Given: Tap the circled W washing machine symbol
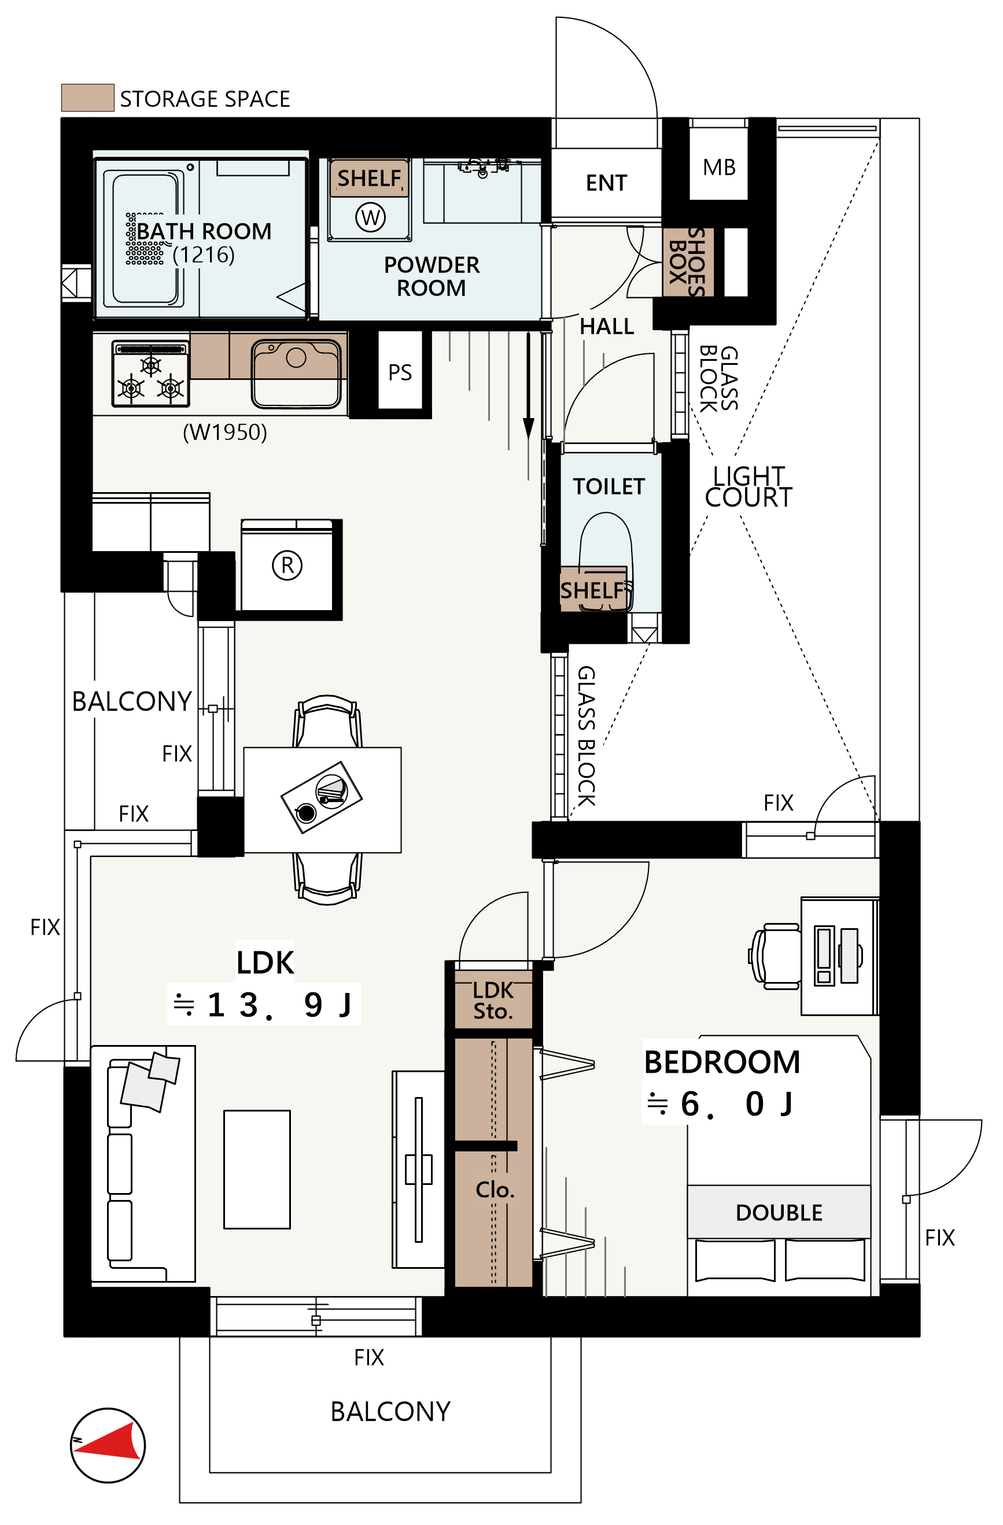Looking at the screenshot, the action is pyautogui.click(x=370, y=217).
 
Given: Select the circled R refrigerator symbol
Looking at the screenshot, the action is pyautogui.click(x=287, y=565).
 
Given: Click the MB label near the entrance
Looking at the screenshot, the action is pyautogui.click(x=718, y=167).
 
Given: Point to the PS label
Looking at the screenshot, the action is pyautogui.click(x=400, y=372).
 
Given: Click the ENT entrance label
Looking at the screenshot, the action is pyautogui.click(x=606, y=183).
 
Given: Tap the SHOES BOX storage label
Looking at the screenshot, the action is pyautogui.click(x=687, y=261).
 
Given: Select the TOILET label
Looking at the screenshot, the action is pyautogui.click(x=609, y=486).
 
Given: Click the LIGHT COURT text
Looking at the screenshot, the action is pyautogui.click(x=748, y=486).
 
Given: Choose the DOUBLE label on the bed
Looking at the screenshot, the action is pyautogui.click(x=779, y=1212).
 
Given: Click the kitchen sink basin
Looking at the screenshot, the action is pyautogui.click(x=296, y=374).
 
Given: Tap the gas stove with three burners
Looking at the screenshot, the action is pyautogui.click(x=150, y=374).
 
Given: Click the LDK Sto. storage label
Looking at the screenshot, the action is pyautogui.click(x=493, y=1000).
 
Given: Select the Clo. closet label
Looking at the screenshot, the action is pyautogui.click(x=495, y=1190).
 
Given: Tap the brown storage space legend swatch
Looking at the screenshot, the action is pyautogui.click(x=88, y=97).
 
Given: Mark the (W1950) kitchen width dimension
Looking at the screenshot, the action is pyautogui.click(x=225, y=432).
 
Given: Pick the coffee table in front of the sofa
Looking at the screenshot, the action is pyautogui.click(x=257, y=1169).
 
